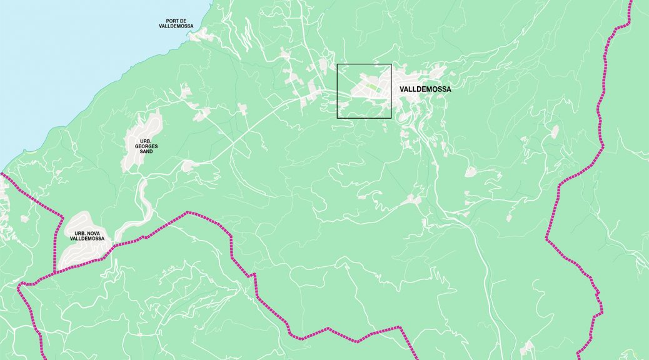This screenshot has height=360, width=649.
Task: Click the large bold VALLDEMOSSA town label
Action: click(425, 89)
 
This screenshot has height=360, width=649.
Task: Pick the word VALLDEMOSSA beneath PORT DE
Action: click(176, 26)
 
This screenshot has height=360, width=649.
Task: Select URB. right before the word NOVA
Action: click(74, 234)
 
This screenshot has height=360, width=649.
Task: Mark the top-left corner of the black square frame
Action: click(338, 64)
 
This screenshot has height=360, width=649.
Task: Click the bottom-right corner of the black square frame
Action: click(391, 117)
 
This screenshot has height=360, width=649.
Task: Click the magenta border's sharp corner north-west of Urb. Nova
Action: click(63, 217)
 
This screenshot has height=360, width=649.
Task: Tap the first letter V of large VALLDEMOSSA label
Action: click(401, 89)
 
